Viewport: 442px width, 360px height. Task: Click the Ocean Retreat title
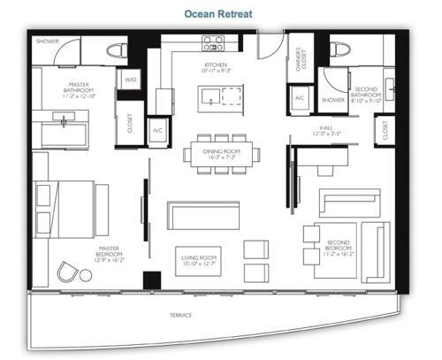(220, 14)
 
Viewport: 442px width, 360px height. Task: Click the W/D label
(131, 79)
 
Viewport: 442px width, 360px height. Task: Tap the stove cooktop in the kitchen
(212, 43)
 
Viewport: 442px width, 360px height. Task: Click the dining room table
(222, 153)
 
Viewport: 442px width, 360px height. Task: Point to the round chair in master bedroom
(67, 270)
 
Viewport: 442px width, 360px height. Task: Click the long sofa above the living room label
(203, 215)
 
